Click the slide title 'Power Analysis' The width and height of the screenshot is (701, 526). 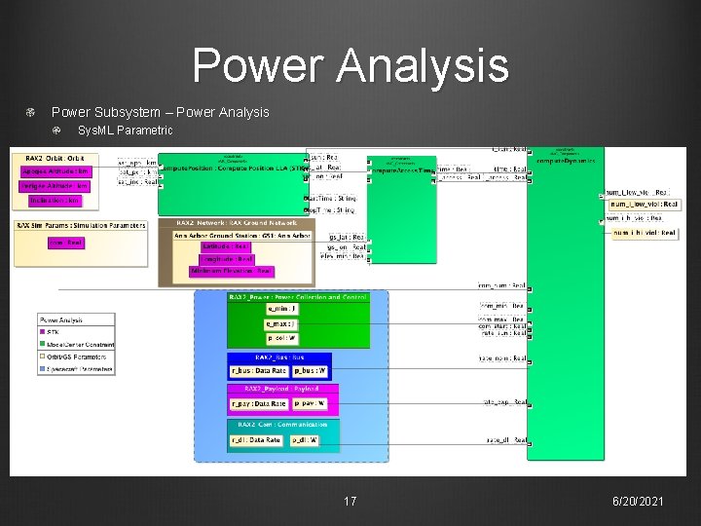[350, 65]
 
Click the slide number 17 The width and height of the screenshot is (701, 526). [350, 501]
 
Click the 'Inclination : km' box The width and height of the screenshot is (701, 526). [54, 201]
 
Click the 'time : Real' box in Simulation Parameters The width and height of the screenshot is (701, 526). [66, 243]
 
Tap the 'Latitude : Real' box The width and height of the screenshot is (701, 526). [226, 246]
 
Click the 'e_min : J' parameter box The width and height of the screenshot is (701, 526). [280, 309]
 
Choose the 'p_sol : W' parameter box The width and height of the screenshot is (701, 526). [280, 338]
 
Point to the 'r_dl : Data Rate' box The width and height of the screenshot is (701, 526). [256, 440]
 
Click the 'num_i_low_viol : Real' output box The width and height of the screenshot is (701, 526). [644, 205]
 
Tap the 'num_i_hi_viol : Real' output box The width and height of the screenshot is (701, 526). [644, 233]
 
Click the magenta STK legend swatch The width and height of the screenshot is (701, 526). [44, 333]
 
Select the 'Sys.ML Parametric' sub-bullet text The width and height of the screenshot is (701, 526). [125, 131]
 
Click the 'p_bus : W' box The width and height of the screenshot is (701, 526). [311, 371]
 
